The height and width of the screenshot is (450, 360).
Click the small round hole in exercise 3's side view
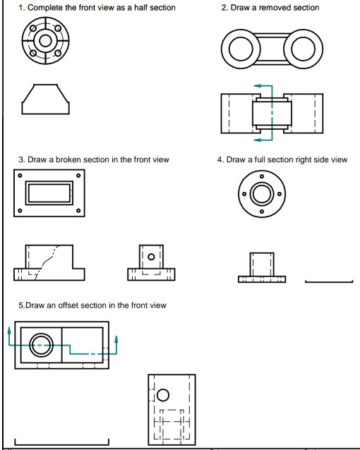(x=151, y=256)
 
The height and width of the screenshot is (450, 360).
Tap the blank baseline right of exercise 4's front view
(x=328, y=283)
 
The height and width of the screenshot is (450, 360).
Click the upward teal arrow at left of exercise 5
(x=10, y=330)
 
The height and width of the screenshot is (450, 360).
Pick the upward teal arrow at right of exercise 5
(x=116, y=341)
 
